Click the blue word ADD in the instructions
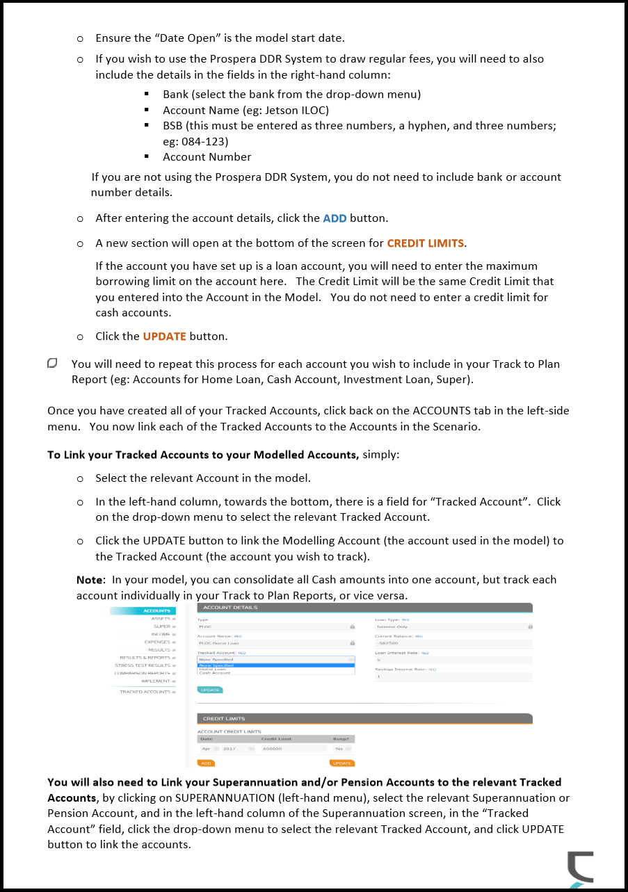335,218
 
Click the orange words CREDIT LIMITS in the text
425,243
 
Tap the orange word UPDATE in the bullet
164,336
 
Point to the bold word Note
89,580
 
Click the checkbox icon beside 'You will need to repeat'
53,364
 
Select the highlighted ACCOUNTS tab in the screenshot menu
156,611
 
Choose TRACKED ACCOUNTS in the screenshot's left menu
145,692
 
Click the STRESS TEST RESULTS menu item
142,665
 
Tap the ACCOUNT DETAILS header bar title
230,608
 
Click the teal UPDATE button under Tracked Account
210,690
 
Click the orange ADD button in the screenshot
206,763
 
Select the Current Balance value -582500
385,643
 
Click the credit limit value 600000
272,749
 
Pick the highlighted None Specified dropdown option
216,665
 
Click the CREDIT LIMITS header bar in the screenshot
224,718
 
